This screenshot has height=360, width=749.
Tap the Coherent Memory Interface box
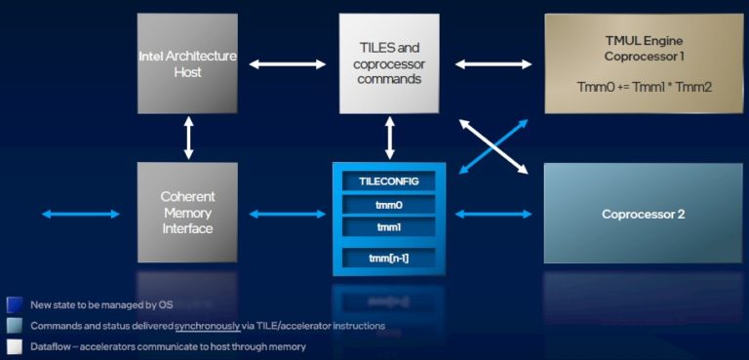pyautogui.click(x=187, y=212)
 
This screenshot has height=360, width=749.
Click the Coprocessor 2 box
pyautogui.click(x=643, y=213)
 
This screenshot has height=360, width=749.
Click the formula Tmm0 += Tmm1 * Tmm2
pyautogui.click(x=644, y=87)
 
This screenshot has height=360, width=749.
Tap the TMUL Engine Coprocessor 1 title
pyautogui.click(x=643, y=48)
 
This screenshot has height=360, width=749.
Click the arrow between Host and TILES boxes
pyautogui.click(x=288, y=64)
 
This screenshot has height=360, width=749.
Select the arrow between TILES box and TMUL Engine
pyautogui.click(x=493, y=64)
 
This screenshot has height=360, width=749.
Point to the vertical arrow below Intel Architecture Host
pyautogui.click(x=188, y=139)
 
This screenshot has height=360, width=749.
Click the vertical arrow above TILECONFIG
pyautogui.click(x=390, y=139)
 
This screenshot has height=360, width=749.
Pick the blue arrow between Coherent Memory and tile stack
pyautogui.click(x=288, y=213)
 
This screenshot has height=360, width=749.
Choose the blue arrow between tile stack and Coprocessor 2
pyautogui.click(x=493, y=213)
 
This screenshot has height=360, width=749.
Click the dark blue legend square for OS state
pyautogui.click(x=14, y=303)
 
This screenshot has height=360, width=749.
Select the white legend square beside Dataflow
pyautogui.click(x=14, y=346)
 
